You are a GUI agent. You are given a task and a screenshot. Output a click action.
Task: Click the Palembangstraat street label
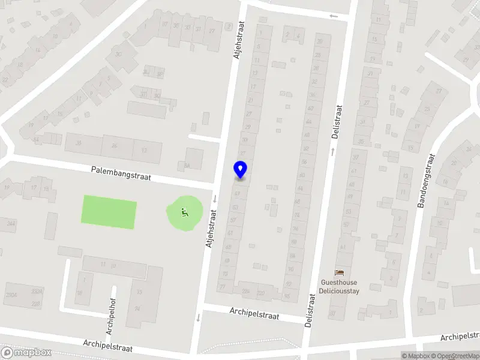pos(121,173)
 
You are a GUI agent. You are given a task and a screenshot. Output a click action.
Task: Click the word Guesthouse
pos(338,282)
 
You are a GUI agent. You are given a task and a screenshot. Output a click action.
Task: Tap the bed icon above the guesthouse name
pos(339,273)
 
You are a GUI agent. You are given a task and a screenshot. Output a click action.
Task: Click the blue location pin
pos(241,170)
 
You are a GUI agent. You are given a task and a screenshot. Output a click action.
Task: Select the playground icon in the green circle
pos(184,212)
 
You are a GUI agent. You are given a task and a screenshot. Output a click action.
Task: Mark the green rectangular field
pos(109,212)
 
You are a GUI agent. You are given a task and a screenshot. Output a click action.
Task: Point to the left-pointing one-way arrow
pos(334,16)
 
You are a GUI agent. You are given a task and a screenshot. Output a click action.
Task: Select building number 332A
pos(37,292)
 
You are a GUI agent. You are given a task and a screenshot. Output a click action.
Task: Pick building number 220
pos(261,293)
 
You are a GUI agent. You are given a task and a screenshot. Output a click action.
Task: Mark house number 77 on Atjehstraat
pos(222,288)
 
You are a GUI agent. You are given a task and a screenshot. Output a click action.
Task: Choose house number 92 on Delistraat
pos(289,284)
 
